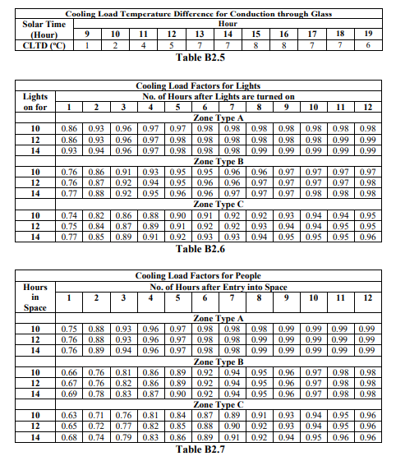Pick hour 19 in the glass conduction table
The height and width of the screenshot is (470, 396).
[369, 35]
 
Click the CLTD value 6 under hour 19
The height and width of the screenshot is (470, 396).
[369, 46]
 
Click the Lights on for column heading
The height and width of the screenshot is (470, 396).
[30, 102]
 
